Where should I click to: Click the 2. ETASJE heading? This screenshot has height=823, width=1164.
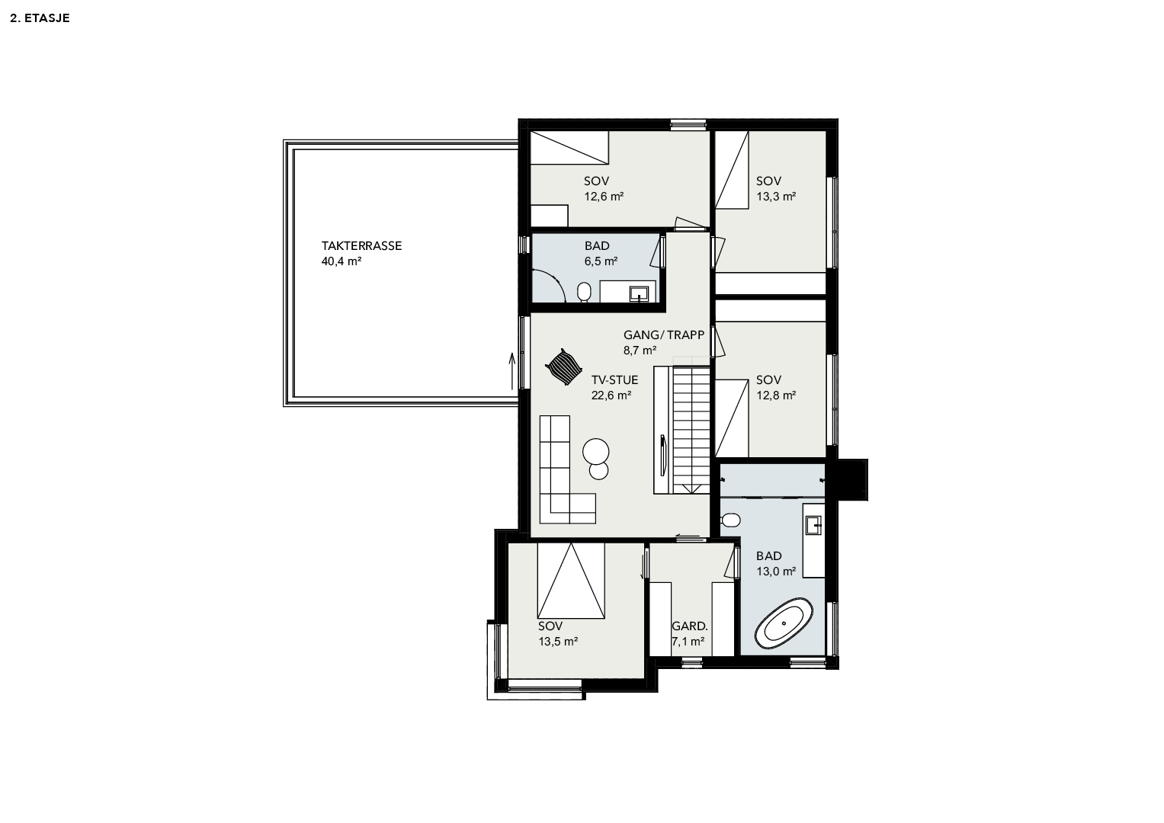(x=40, y=18)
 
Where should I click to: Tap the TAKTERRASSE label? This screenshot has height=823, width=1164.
(x=361, y=245)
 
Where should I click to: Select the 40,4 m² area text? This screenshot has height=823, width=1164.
(x=342, y=261)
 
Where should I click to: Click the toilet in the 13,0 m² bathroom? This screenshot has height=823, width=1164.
(x=730, y=520)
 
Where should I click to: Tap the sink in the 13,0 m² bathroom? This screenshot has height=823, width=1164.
(x=813, y=525)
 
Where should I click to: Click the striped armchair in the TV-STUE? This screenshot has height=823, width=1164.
(x=563, y=367)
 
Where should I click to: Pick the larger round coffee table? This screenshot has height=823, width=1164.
(x=596, y=451)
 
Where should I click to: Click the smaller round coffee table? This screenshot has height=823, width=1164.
(x=598, y=471)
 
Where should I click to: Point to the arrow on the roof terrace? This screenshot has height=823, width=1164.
(x=511, y=371)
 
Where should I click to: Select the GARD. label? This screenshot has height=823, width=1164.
(x=690, y=626)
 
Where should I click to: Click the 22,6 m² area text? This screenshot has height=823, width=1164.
(x=611, y=395)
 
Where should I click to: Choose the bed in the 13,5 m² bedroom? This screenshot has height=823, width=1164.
(x=571, y=581)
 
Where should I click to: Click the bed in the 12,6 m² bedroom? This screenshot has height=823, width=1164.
(x=569, y=148)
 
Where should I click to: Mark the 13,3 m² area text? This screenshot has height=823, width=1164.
(x=776, y=197)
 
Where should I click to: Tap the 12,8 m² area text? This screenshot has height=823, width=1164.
(x=776, y=395)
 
